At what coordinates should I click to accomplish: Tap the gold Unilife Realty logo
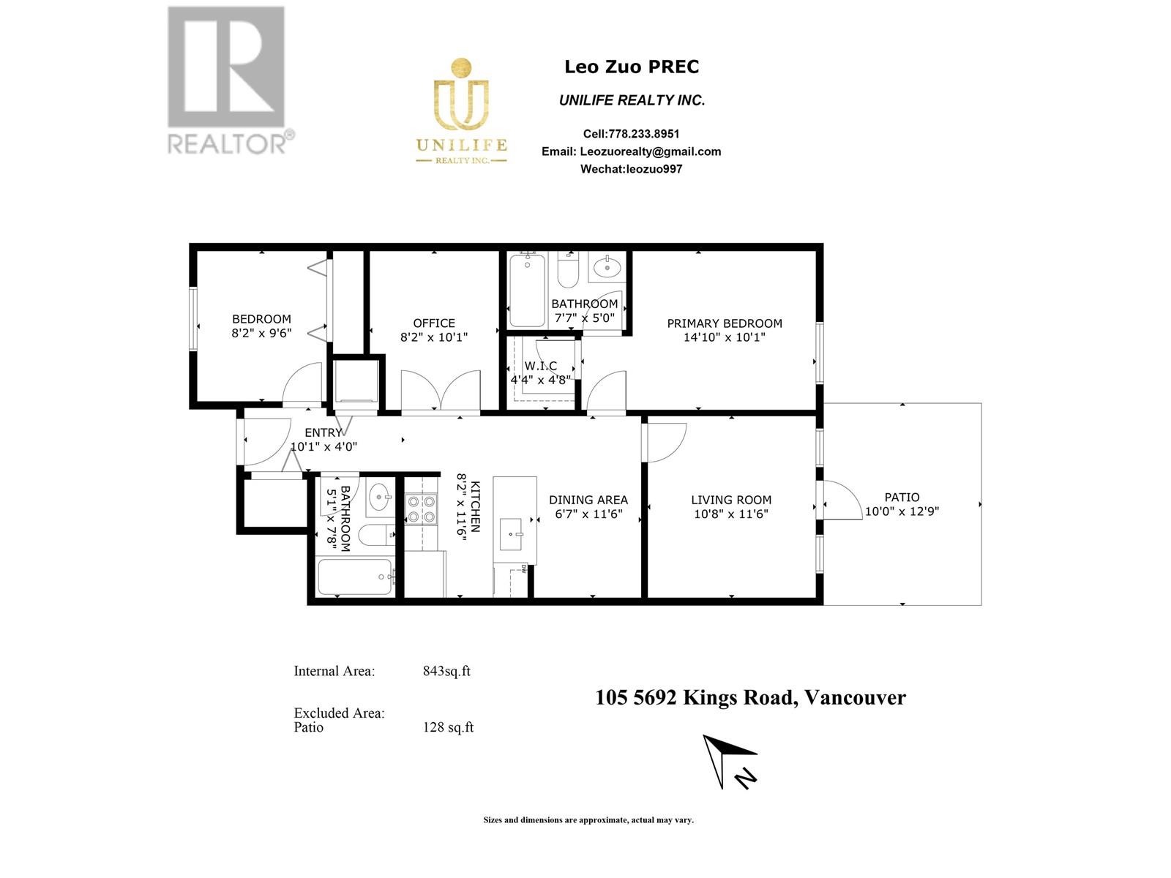pyautogui.click(x=461, y=110)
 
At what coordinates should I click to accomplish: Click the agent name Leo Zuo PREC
pyautogui.click(x=631, y=67)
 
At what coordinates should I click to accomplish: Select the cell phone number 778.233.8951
pyautogui.click(x=643, y=134)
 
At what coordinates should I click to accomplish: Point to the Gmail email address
pyautogui.click(x=650, y=151)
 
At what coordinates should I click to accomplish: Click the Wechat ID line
pyautogui.click(x=631, y=169)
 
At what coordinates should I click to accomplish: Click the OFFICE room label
pyautogui.click(x=434, y=323)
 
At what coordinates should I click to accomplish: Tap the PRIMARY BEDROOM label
pyautogui.click(x=725, y=323)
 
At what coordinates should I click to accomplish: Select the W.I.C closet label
pyautogui.click(x=540, y=366)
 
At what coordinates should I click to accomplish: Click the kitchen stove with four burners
pyautogui.click(x=421, y=509)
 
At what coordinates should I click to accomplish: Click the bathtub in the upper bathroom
pyautogui.click(x=527, y=290)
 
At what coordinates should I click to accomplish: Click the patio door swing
pyautogui.click(x=842, y=501)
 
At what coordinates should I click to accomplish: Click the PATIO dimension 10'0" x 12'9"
pyautogui.click(x=902, y=511)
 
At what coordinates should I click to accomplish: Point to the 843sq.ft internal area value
pyautogui.click(x=446, y=671)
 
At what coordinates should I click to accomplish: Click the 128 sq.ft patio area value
pyautogui.click(x=448, y=727)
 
